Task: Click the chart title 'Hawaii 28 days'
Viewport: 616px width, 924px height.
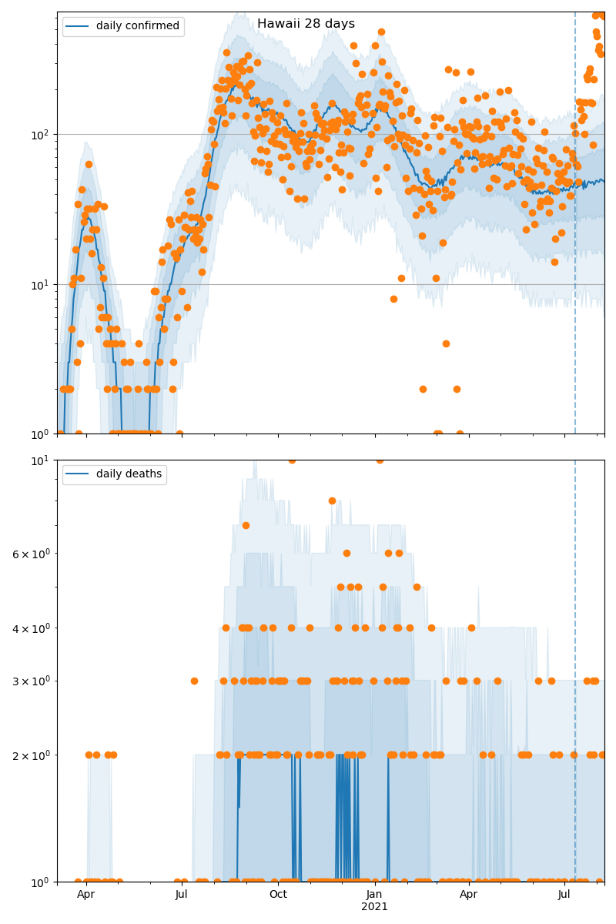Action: click(306, 24)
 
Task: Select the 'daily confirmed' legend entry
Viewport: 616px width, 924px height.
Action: click(137, 26)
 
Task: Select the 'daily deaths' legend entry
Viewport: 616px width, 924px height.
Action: click(129, 474)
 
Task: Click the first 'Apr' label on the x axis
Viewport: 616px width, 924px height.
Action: click(85, 895)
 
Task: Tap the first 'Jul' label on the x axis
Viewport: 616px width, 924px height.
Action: click(182, 895)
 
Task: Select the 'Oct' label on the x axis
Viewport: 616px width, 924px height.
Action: click(278, 895)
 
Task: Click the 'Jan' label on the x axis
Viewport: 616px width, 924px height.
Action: click(374, 895)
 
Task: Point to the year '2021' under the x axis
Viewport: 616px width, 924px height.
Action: click(374, 907)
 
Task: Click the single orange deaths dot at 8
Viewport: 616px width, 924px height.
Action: click(332, 500)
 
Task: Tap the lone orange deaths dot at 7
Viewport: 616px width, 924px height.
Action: click(246, 525)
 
